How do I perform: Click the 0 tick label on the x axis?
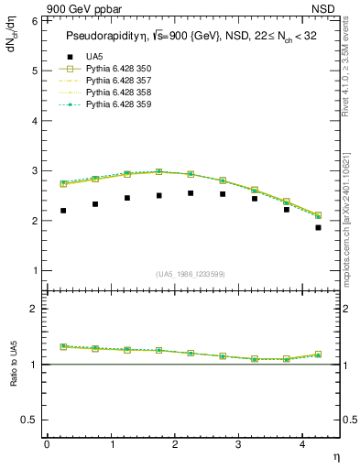(x=47, y=443)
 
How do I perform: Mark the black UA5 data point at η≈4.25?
(x=318, y=227)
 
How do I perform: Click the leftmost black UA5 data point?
(x=63, y=211)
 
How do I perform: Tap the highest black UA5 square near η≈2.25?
(x=191, y=193)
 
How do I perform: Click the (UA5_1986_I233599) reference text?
(x=191, y=274)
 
